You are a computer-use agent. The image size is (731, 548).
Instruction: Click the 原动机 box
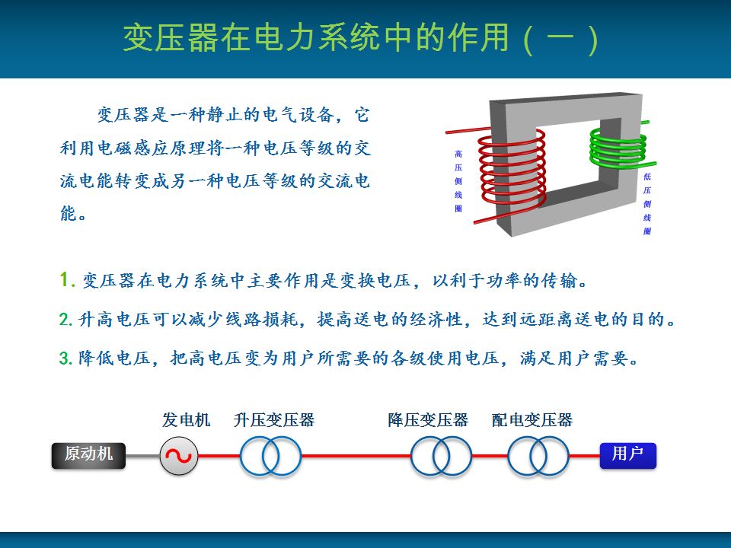point(88,455)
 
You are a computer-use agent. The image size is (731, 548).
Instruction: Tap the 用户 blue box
point(628,455)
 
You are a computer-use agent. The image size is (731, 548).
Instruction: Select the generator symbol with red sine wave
point(179,456)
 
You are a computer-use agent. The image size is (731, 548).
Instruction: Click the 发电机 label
point(186,420)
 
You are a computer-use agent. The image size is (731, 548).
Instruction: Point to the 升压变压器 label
point(274,420)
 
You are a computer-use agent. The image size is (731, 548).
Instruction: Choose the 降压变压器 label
point(428,420)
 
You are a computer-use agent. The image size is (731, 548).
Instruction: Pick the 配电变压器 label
point(532,420)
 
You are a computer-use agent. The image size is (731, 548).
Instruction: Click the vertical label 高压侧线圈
point(458,181)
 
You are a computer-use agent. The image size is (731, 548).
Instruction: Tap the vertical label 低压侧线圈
point(647,204)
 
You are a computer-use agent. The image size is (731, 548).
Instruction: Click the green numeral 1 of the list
point(64,279)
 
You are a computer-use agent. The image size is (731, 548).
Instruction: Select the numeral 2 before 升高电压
point(64,319)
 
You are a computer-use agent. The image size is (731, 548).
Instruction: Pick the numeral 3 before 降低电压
point(64,358)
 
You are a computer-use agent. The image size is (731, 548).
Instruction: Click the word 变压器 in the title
point(171,38)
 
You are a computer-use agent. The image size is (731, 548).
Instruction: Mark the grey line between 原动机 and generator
point(142,456)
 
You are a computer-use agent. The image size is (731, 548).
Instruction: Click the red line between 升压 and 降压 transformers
point(356,456)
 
